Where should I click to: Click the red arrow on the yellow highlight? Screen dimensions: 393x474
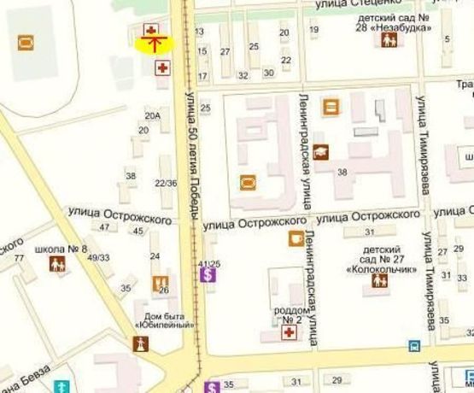155,44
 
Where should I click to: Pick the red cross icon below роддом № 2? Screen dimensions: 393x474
290,331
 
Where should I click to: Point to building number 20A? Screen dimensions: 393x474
153,115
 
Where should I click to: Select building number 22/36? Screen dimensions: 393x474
166,183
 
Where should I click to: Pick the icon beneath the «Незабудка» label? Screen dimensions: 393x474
389,39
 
